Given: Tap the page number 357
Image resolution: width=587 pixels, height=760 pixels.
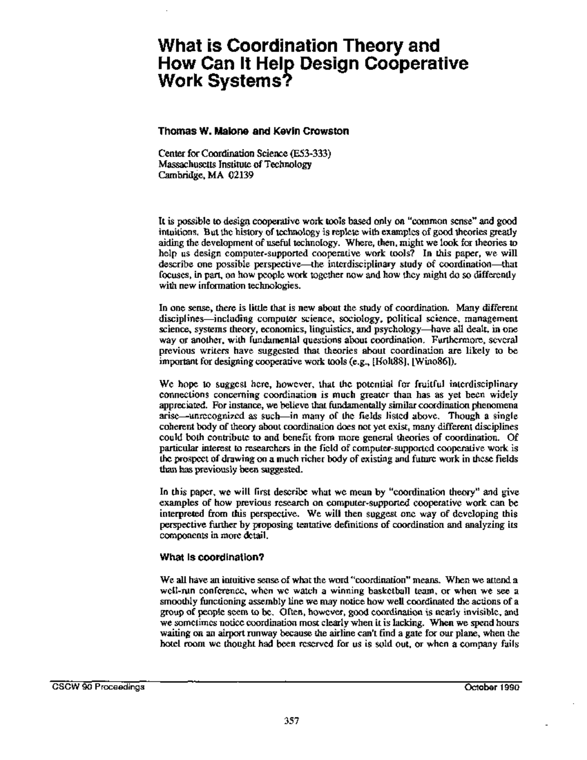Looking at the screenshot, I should pos(292,720).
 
